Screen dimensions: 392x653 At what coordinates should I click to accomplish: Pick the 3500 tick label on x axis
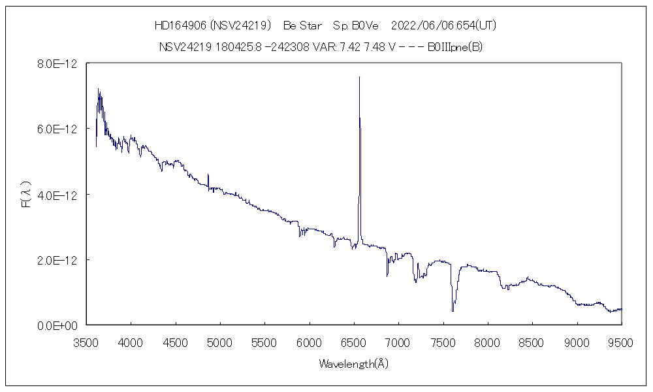click(86, 342)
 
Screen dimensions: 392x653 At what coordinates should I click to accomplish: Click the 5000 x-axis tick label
click(220, 342)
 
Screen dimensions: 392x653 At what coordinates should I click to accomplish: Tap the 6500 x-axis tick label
click(354, 342)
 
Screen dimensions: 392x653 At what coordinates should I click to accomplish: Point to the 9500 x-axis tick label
click(621, 342)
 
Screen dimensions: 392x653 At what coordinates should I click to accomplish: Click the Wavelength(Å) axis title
click(353, 364)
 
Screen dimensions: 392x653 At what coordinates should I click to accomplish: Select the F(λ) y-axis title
click(27, 195)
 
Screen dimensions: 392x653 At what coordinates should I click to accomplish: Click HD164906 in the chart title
click(180, 25)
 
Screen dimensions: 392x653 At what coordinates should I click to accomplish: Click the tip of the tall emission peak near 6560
click(359, 77)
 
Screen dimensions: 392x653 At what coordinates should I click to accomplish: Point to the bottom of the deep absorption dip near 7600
click(453, 311)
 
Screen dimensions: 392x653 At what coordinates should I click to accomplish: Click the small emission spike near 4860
click(208, 175)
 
